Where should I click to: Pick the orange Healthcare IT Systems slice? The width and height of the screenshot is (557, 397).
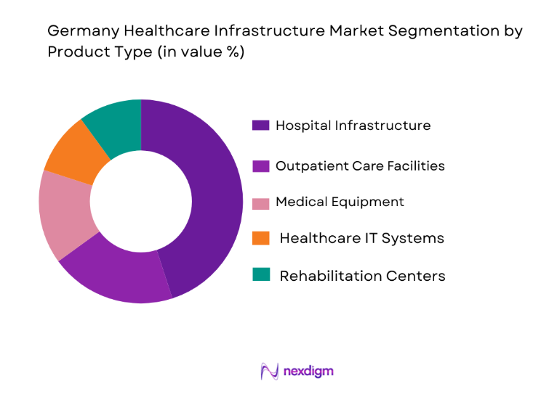click(x=73, y=154)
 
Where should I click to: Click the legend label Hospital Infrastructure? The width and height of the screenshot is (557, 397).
click(x=353, y=126)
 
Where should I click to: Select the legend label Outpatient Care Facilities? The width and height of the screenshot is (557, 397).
click(x=360, y=165)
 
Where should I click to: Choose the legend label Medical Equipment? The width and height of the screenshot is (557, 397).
click(x=340, y=202)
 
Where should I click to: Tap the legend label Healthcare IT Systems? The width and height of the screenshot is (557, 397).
click(x=361, y=238)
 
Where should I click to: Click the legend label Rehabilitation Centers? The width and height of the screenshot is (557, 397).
click(x=362, y=276)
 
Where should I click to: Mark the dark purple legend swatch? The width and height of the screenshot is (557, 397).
click(x=260, y=126)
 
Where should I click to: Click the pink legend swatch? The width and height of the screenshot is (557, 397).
click(x=260, y=202)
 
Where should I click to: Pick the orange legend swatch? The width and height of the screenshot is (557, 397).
click(x=262, y=237)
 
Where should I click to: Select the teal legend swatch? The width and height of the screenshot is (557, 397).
click(x=262, y=274)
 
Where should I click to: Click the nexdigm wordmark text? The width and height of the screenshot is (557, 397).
click(x=308, y=371)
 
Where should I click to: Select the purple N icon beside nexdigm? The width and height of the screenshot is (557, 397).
click(x=269, y=371)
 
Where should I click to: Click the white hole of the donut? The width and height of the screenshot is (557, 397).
click(x=140, y=201)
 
